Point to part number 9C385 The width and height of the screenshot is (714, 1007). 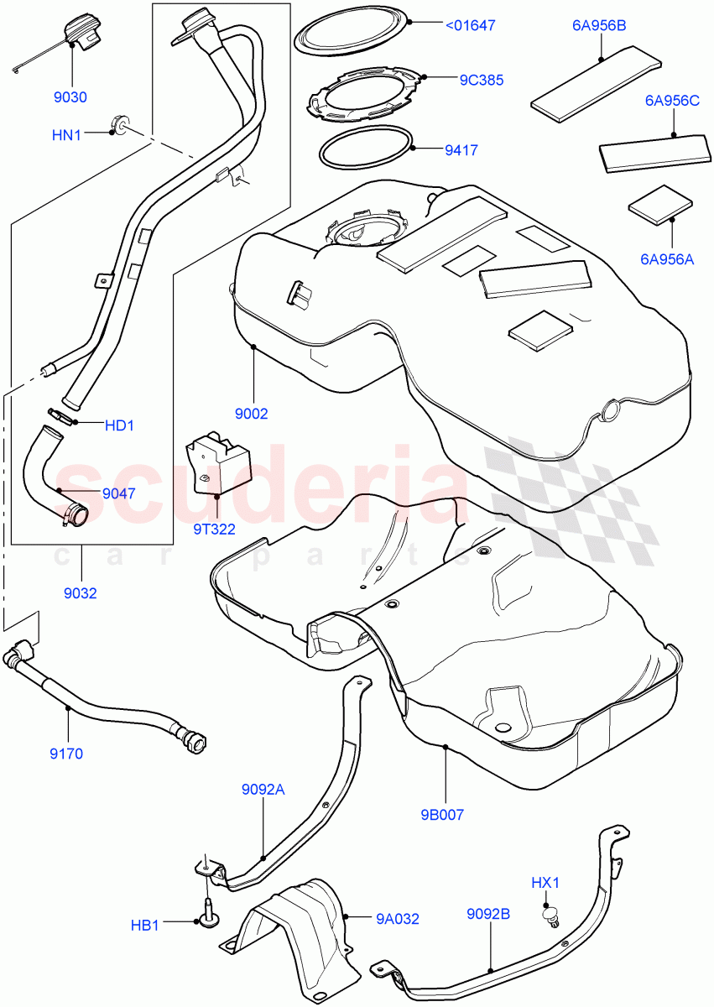click(x=481, y=81)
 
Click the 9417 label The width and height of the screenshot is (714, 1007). click(x=461, y=151)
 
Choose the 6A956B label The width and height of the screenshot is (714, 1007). click(x=599, y=26)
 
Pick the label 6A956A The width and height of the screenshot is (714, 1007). click(x=668, y=260)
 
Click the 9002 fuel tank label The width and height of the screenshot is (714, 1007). click(x=251, y=413)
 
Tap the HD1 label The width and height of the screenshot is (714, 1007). click(x=119, y=425)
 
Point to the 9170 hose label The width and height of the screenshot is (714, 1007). click(x=66, y=753)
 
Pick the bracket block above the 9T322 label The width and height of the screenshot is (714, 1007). click(x=220, y=461)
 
